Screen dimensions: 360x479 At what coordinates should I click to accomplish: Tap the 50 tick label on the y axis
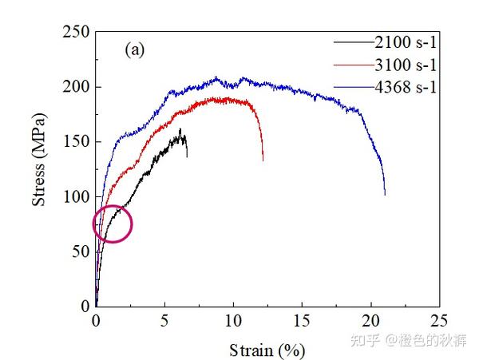click(80, 251)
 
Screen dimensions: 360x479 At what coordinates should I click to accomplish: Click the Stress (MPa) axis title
click(39, 169)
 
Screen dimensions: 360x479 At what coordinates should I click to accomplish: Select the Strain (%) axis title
click(267, 350)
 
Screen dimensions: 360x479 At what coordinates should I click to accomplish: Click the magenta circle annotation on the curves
click(113, 224)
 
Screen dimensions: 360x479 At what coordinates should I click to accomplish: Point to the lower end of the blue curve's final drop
click(385, 194)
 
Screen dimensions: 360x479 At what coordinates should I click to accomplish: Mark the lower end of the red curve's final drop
click(263, 160)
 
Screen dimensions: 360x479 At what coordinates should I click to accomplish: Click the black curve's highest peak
click(180, 129)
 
